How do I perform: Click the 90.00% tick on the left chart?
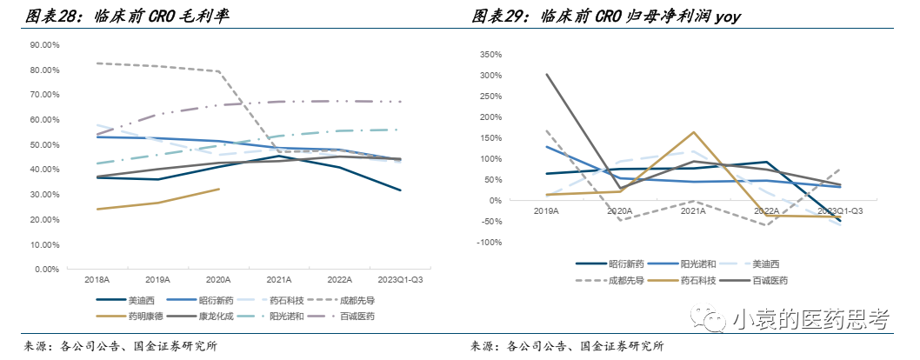coord(44,44)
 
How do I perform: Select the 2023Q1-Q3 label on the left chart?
coord(400,279)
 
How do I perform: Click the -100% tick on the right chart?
coord(490,242)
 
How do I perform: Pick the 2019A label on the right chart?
coord(545,210)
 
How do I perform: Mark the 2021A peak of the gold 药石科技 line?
coord(694,132)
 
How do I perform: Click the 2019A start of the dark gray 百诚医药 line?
coord(546,74)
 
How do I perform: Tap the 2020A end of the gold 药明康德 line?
coord(218,189)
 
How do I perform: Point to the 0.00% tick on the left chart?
coord(44,269)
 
